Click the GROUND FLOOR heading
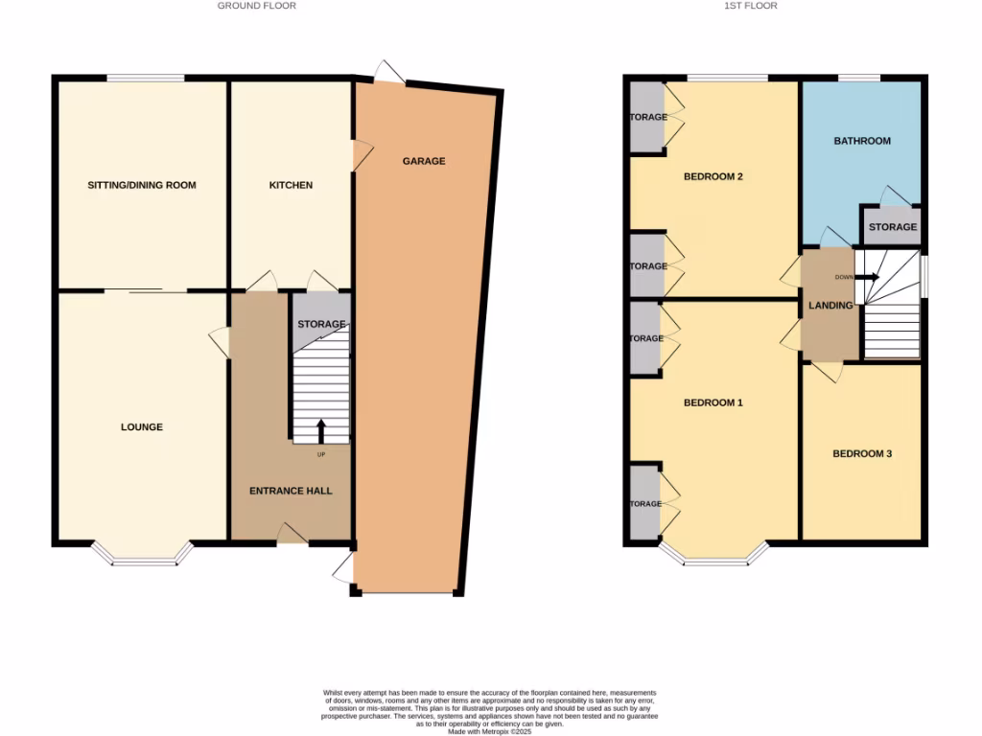pyautogui.click(x=256, y=6)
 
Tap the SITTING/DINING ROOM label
pyautogui.click(x=142, y=185)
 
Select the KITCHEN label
pyautogui.click(x=291, y=185)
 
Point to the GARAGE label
pyautogui.click(x=424, y=161)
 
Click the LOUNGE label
pyautogui.click(x=142, y=426)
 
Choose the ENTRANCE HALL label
pyautogui.click(x=291, y=491)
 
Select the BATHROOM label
pyautogui.click(x=861, y=141)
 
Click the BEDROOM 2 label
pyautogui.click(x=713, y=176)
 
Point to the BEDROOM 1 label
pyautogui.click(x=713, y=402)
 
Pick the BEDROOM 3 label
pyautogui.click(x=861, y=453)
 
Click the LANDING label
pyautogui.click(x=830, y=306)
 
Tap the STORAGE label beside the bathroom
pyautogui.click(x=893, y=227)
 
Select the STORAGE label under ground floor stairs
pyautogui.click(x=320, y=324)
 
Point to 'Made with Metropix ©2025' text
pyautogui.click(x=490, y=731)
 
